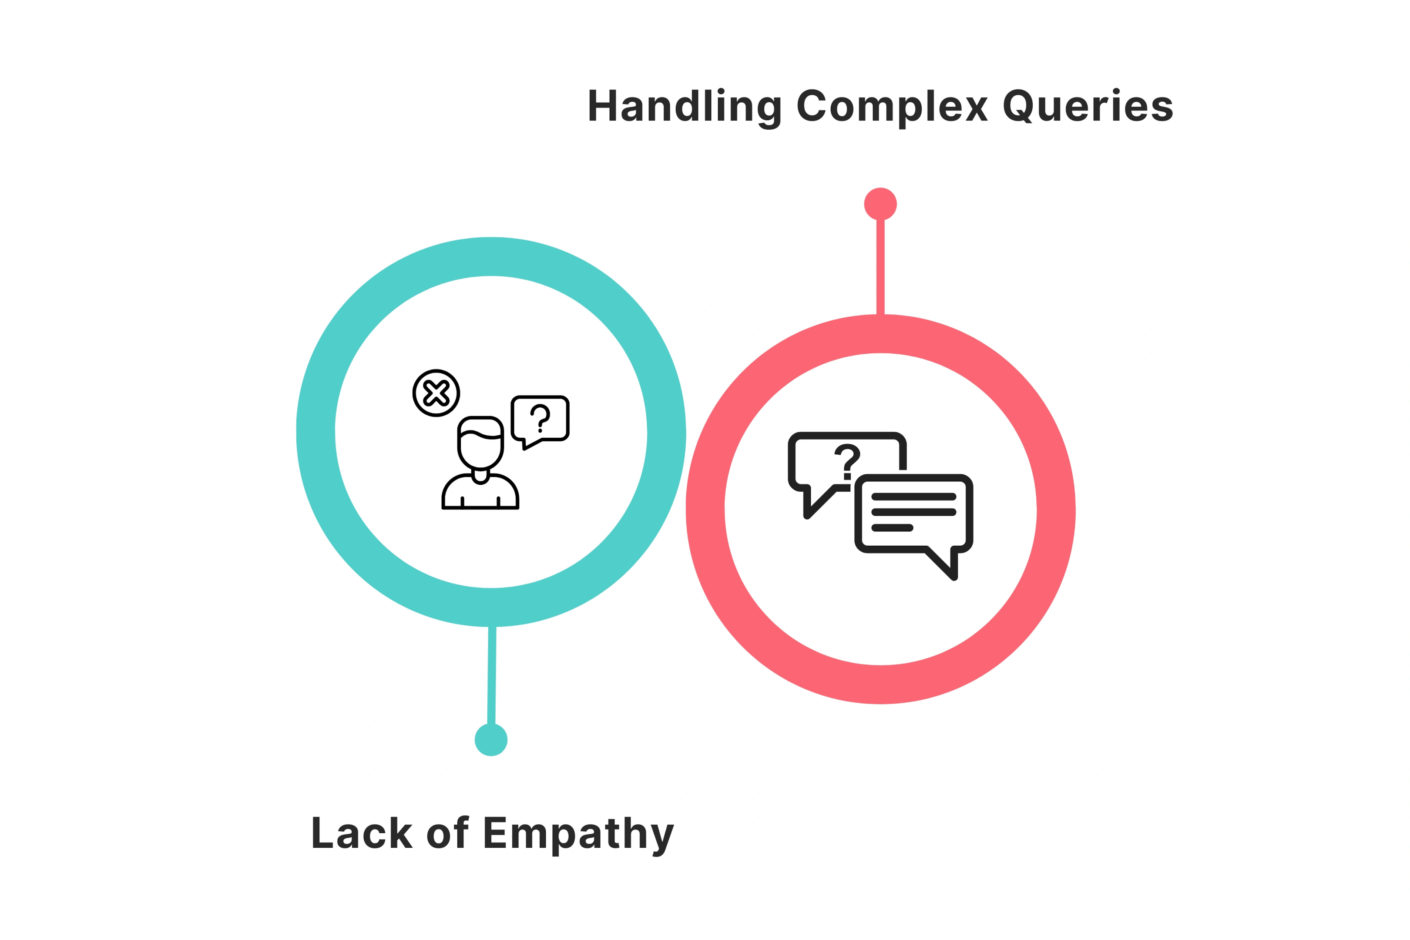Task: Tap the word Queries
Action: click(1088, 105)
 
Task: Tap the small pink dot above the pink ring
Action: click(880, 204)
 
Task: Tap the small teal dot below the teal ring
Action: click(491, 740)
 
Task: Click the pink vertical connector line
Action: click(880, 267)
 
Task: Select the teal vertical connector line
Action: click(492, 675)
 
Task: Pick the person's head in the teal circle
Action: click(480, 443)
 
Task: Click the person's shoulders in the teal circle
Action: click(480, 492)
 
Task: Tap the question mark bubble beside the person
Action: click(540, 420)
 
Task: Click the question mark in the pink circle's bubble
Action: click(846, 462)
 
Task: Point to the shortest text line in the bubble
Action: click(892, 527)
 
